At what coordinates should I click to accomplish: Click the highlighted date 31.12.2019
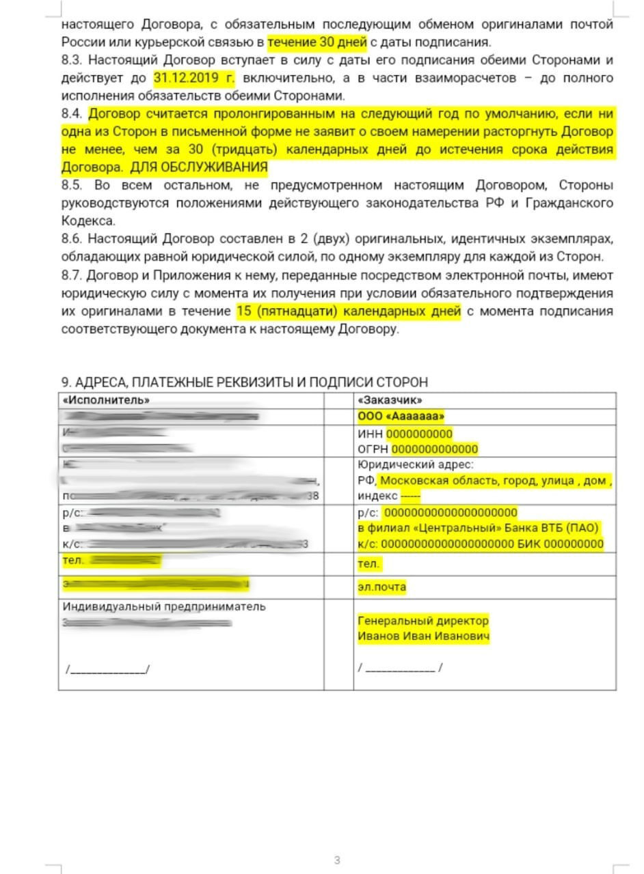pyautogui.click(x=193, y=78)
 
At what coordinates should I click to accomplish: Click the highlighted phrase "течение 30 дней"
pyautogui.click(x=317, y=42)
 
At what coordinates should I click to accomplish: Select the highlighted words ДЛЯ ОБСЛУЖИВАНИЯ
pyautogui.click(x=198, y=167)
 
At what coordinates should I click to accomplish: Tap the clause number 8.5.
pyautogui.click(x=72, y=186)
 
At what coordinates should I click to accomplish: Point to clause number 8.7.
pyautogui.click(x=72, y=275)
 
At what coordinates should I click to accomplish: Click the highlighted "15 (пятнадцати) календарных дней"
pyautogui.click(x=349, y=311)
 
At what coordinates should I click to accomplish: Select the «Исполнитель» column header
pyautogui.click(x=106, y=400)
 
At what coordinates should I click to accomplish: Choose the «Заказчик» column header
pyautogui.click(x=390, y=400)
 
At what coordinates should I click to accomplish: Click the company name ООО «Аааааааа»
pyautogui.click(x=401, y=417)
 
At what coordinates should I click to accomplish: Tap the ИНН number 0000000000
pyautogui.click(x=419, y=434)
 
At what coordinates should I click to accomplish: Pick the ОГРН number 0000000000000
pyautogui.click(x=434, y=449)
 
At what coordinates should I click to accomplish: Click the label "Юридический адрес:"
pyautogui.click(x=405, y=465)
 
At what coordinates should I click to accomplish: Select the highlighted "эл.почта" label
pyautogui.click(x=381, y=587)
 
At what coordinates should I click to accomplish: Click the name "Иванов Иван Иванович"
pyautogui.click(x=423, y=636)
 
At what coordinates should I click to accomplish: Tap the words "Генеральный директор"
pyautogui.click(x=423, y=621)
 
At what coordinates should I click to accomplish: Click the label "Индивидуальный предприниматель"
pyautogui.click(x=164, y=606)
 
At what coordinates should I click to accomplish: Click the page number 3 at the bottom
pyautogui.click(x=337, y=860)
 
